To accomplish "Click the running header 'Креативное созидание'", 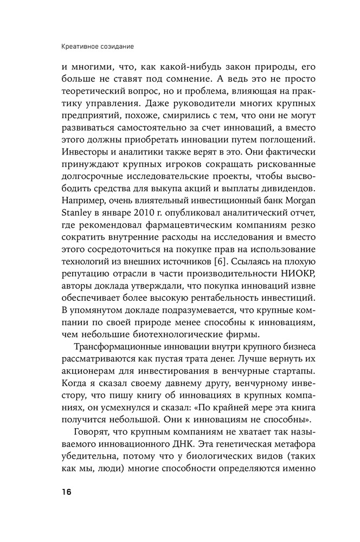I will [98, 47].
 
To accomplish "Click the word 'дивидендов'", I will [266, 189].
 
